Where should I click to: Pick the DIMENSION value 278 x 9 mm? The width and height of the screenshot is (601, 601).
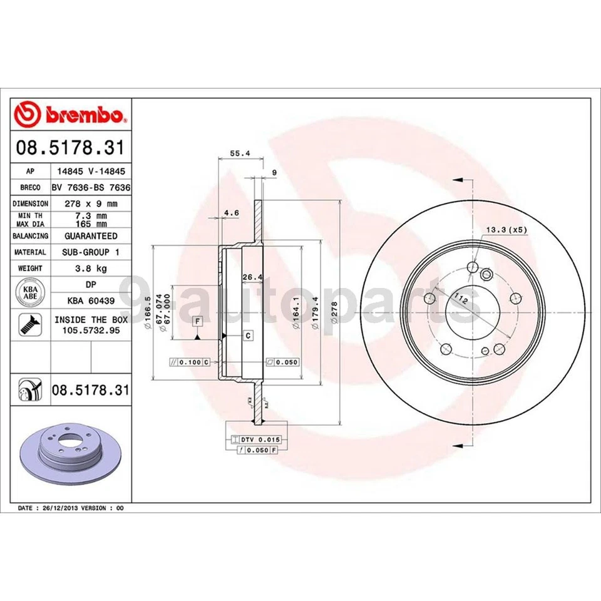(x=91, y=203)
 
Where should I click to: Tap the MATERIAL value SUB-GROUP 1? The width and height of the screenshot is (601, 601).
(x=91, y=252)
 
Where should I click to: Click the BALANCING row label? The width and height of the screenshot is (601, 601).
(x=30, y=236)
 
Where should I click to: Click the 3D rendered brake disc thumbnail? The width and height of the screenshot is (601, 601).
(x=70, y=452)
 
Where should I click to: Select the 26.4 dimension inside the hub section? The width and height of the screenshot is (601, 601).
(x=251, y=277)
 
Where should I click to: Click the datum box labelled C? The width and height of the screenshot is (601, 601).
(x=248, y=336)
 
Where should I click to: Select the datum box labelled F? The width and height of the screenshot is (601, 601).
(x=197, y=322)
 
